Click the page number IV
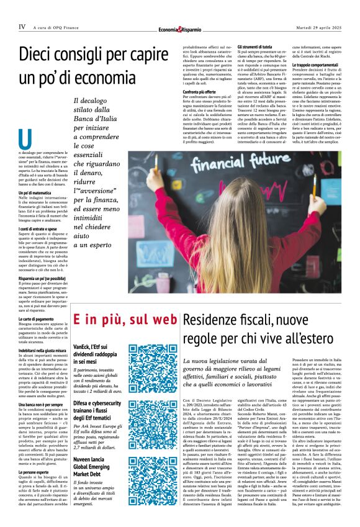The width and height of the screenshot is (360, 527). [x=22, y=27]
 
